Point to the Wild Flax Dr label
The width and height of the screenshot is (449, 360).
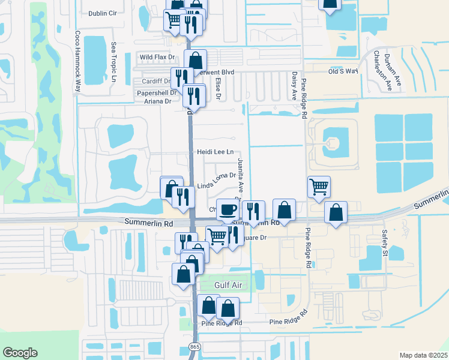pos(157,58)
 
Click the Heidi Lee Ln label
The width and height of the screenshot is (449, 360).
pos(215,153)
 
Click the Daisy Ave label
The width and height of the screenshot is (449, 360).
pos(294,86)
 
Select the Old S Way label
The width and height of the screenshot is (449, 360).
pos(343,71)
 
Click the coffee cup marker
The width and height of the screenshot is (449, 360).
pos(228,209)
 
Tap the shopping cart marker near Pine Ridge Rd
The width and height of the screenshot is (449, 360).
pos(319,186)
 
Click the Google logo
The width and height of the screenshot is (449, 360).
pos(20,353)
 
